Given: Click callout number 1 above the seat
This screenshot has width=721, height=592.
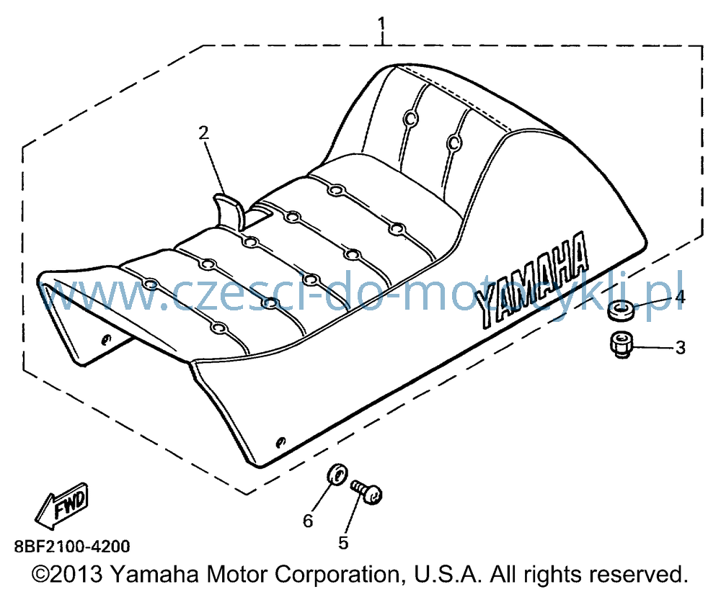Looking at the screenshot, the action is pyautogui.click(x=382, y=24).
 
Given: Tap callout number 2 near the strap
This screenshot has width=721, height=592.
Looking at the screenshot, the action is pyautogui.click(x=204, y=133).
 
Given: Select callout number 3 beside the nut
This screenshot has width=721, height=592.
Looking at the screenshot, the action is pyautogui.click(x=681, y=348).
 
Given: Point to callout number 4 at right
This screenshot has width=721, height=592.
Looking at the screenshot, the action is pyautogui.click(x=681, y=297).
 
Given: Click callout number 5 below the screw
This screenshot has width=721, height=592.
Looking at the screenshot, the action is pyautogui.click(x=343, y=542).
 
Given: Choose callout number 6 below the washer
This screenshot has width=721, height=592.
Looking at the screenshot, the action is pyautogui.click(x=308, y=521).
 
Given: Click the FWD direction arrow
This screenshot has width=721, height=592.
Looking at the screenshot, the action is pyautogui.click(x=62, y=505).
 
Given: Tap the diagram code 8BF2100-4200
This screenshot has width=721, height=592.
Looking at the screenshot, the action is pyautogui.click(x=72, y=547).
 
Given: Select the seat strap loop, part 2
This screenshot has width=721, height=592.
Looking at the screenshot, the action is pyautogui.click(x=229, y=211).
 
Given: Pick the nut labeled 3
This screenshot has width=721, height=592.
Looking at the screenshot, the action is pyautogui.click(x=622, y=346).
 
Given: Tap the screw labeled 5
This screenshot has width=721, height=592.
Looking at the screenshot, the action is pyautogui.click(x=367, y=492).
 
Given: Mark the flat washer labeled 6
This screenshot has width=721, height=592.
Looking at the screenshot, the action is pyautogui.click(x=337, y=474).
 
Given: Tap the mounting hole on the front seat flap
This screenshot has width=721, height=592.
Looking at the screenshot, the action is pyautogui.click(x=106, y=339).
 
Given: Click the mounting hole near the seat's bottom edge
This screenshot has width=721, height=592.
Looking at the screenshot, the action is pyautogui.click(x=280, y=442).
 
